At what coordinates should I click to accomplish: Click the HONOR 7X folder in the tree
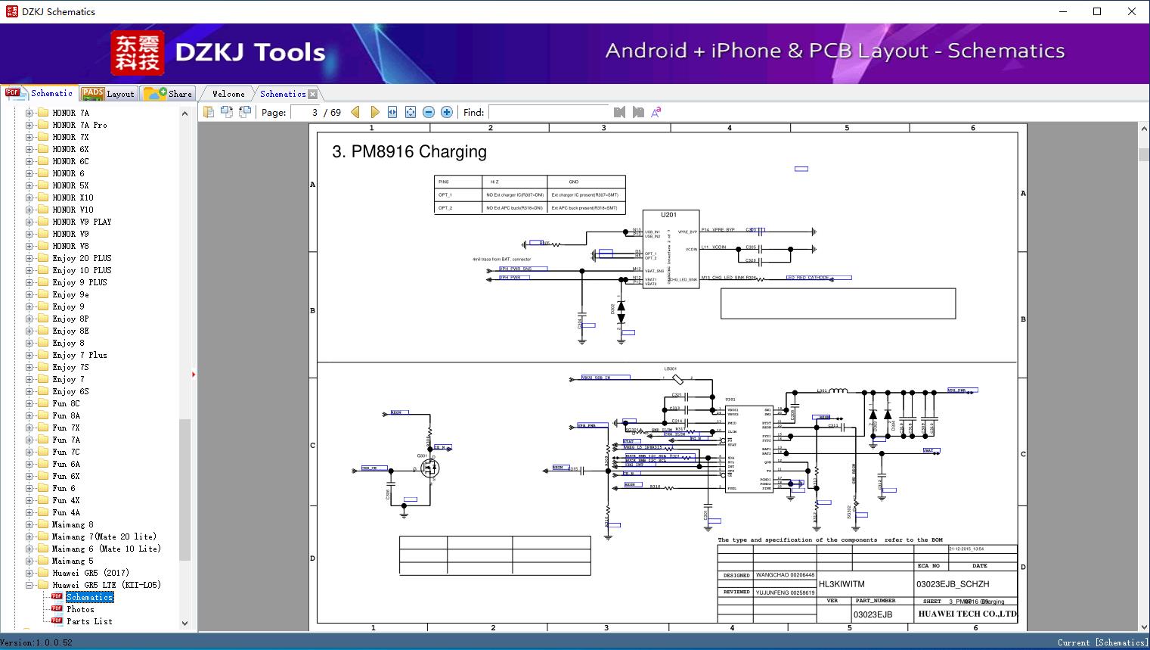(70, 137)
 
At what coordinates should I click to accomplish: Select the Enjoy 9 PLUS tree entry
(79, 282)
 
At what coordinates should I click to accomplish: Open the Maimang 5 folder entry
(73, 561)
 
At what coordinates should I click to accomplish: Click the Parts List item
(89, 621)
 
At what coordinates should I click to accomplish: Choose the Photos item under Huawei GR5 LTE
(80, 609)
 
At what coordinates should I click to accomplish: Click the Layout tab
(109, 94)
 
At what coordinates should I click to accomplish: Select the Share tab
(169, 94)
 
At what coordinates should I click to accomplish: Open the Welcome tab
(228, 94)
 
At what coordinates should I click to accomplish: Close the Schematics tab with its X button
(313, 94)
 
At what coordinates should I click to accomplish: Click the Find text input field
(548, 112)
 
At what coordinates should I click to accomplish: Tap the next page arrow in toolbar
(374, 112)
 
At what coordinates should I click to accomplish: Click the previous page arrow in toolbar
(355, 112)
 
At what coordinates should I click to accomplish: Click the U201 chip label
(668, 215)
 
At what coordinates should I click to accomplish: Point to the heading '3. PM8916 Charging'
(409, 151)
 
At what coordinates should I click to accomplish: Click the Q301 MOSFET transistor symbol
(429, 468)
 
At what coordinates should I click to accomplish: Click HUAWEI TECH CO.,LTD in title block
(967, 614)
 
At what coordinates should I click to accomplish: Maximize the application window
(1097, 11)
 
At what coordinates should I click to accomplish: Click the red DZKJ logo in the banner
(137, 52)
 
